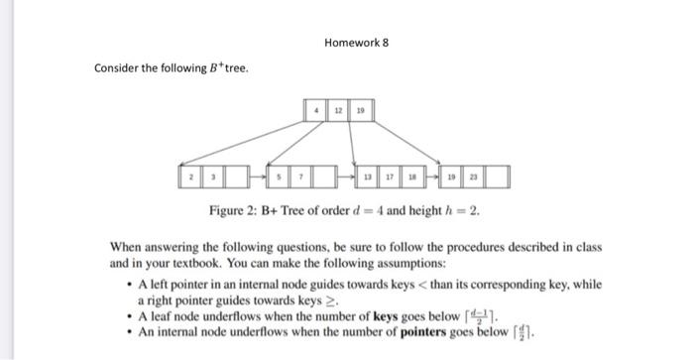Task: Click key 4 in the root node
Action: [x=316, y=111]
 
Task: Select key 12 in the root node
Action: [x=337, y=111]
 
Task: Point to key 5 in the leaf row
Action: [x=279, y=179]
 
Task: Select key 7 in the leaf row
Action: [x=300, y=179]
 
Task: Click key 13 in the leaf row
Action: [x=368, y=179]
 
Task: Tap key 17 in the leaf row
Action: [x=389, y=179]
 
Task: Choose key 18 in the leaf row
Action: [x=410, y=179]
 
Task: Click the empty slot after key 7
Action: [x=322, y=179]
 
